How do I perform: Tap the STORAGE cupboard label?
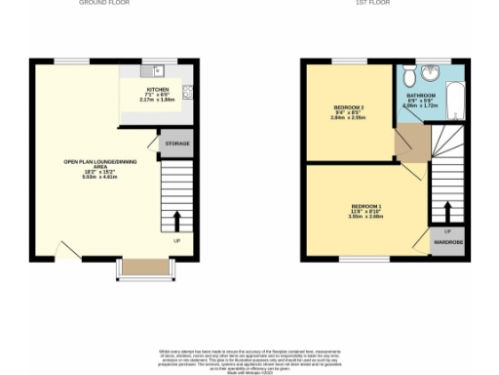(x=176, y=144)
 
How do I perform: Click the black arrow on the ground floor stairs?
(x=177, y=219)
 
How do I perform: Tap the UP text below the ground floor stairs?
(x=176, y=239)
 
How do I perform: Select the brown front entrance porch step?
(x=145, y=267)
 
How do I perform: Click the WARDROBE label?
(x=447, y=241)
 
